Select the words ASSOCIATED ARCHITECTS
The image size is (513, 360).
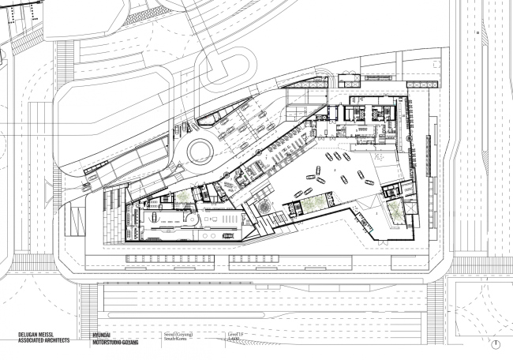point(43,340)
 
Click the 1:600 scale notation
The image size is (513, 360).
point(235,340)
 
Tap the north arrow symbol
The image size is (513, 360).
point(495,343)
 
